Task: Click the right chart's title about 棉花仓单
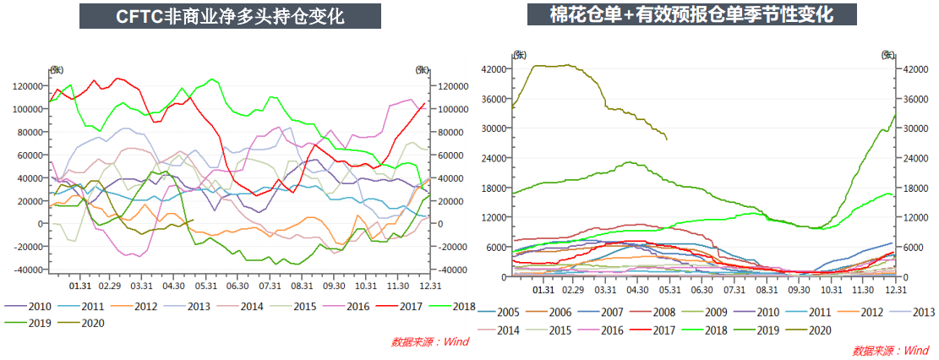point(691,14)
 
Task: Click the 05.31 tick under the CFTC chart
point(205,286)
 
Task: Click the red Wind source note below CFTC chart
point(429,342)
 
